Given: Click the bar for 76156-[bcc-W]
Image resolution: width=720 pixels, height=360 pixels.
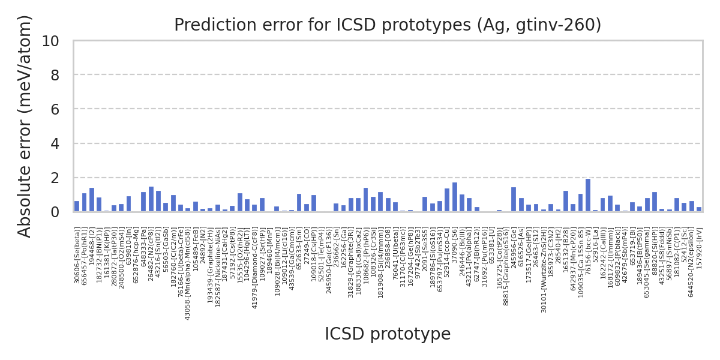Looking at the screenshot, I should point(588,196).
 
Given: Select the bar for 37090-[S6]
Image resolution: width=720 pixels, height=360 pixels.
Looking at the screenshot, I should point(455,197).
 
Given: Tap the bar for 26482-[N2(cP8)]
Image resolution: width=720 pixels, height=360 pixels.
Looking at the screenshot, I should point(151,199).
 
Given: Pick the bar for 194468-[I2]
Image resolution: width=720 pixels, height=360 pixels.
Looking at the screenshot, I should point(92,200).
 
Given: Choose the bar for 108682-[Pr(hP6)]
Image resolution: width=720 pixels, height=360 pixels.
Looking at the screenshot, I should point(366,200).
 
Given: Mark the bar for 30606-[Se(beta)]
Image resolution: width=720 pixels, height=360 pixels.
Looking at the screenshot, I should point(77,206).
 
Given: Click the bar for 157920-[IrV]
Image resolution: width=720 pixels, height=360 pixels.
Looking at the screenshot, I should point(699,209).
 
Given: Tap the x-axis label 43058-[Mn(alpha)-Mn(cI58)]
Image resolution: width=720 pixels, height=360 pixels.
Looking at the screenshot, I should point(188,274).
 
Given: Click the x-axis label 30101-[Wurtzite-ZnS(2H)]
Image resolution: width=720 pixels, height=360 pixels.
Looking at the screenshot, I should point(544,270).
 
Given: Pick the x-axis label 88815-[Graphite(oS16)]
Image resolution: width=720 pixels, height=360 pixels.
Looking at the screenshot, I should point(506,266).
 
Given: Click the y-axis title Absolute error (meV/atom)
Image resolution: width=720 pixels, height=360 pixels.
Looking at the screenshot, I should point(25,126).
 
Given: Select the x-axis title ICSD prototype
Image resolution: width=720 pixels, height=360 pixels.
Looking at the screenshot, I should point(388,334).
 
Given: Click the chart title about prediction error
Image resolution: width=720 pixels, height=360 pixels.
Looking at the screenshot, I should point(388,25).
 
